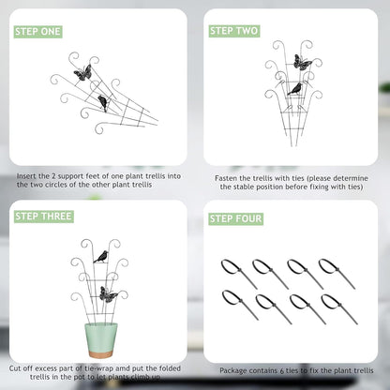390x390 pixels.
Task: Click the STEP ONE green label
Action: tap(38, 32)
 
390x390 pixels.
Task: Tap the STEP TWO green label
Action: tap(234, 31)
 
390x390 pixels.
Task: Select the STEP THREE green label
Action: tap(44, 217)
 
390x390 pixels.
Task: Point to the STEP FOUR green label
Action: tap(236, 218)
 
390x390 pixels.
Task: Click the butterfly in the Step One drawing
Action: tap(82, 73)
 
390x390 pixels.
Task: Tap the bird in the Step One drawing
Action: tap(102, 103)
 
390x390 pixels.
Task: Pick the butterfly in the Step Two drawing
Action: tap(302, 63)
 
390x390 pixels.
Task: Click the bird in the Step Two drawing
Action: tap(295, 89)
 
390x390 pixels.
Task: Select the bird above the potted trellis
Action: tap(101, 257)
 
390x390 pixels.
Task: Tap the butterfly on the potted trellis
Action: tap(108, 294)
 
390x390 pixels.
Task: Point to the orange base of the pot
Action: tap(101, 354)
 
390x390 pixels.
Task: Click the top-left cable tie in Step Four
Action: tap(239, 274)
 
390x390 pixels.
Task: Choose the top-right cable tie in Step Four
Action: tap(337, 274)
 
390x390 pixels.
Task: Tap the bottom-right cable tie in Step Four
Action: tap(339, 309)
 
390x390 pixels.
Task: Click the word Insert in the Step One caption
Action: tap(26, 176)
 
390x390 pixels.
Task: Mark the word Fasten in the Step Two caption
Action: tap(226, 178)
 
